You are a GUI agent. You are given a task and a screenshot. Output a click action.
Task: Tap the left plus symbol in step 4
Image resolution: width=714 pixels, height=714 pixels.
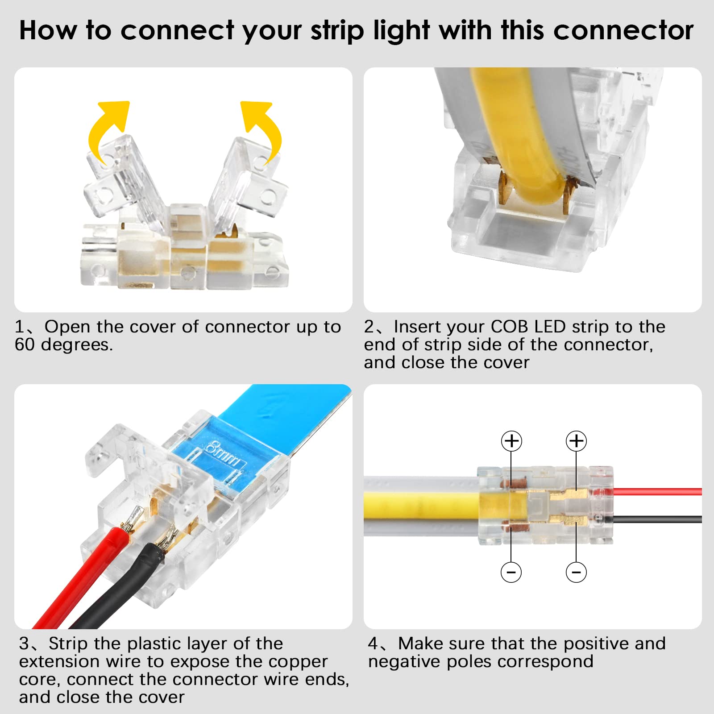coord(511,441)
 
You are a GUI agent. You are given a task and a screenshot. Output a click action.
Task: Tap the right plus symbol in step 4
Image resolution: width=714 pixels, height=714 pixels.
coord(576,441)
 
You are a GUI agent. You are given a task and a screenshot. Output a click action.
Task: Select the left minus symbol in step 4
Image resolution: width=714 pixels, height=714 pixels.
coord(511,572)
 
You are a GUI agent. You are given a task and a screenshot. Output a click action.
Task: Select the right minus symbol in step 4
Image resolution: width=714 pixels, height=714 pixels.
coord(576,572)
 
